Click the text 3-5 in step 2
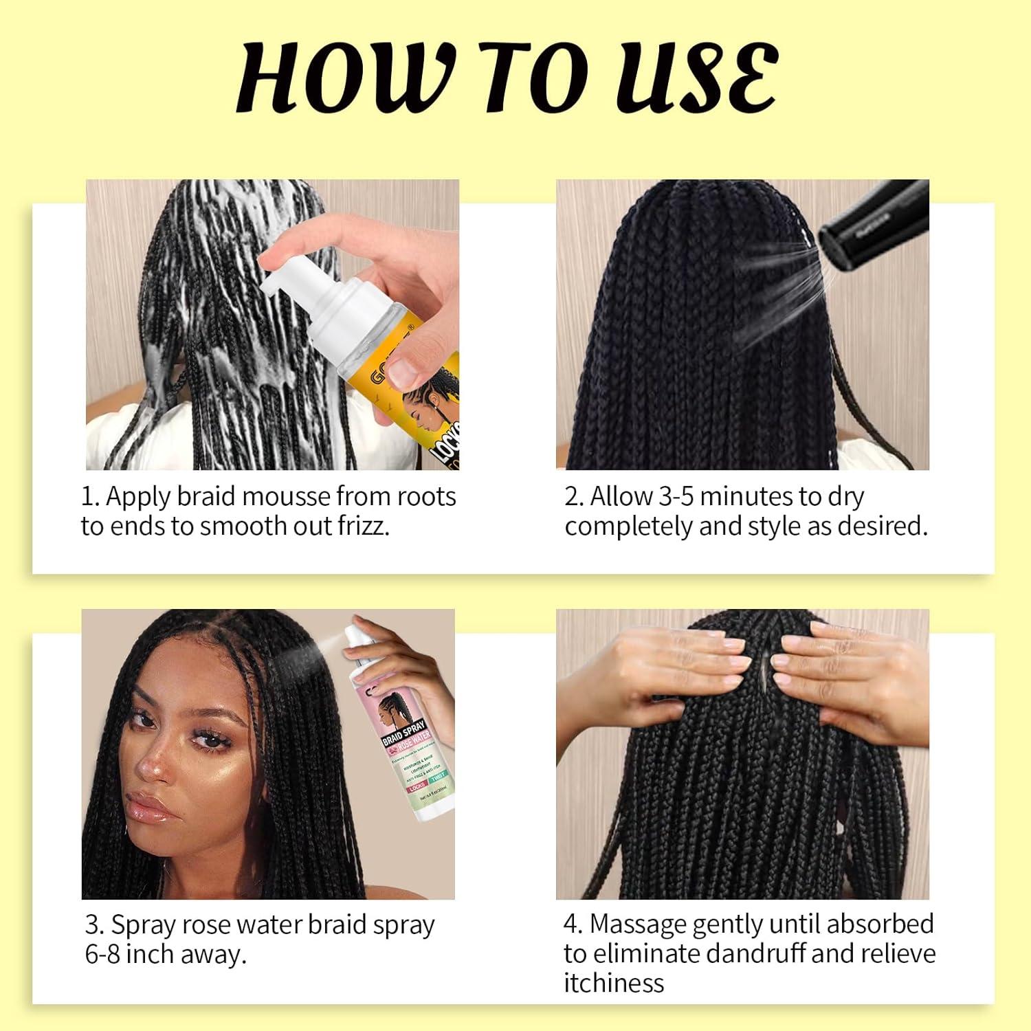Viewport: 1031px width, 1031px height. pyautogui.click(x=677, y=496)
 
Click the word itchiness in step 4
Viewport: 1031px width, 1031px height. pyautogui.click(x=614, y=984)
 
